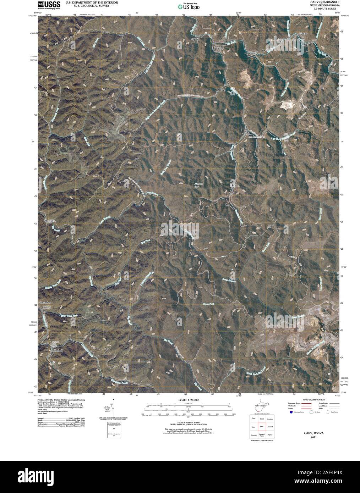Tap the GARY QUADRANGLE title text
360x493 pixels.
[x=320, y=2]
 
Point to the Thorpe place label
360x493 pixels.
[x=303, y=33]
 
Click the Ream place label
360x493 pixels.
[x=222, y=90]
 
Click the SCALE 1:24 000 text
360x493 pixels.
[x=189, y=400]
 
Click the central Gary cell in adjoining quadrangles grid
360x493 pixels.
[x=262, y=426]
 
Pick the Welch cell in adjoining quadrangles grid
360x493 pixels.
[x=262, y=419]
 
